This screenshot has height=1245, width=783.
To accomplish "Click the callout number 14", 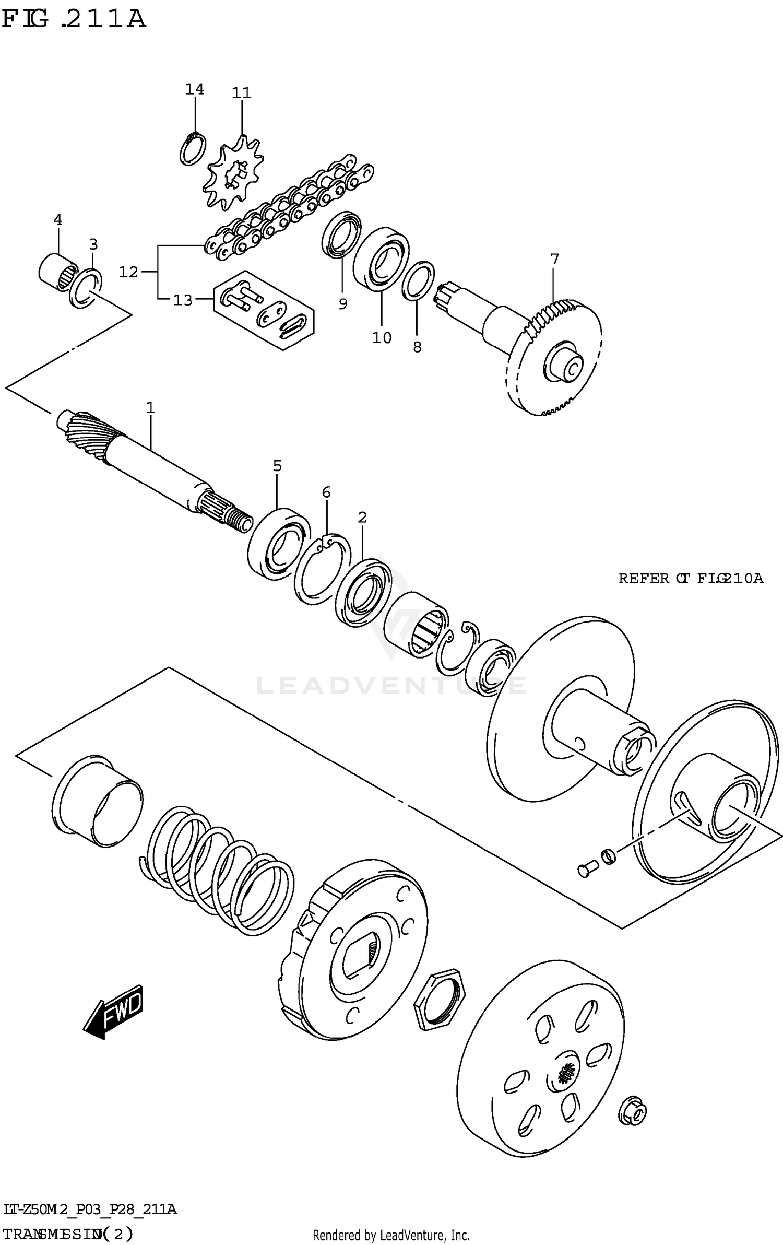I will pyautogui.click(x=194, y=89).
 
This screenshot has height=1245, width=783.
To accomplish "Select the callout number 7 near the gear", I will pyautogui.click(x=554, y=259).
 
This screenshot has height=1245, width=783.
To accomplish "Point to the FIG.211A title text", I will pyautogui.click(x=73, y=19).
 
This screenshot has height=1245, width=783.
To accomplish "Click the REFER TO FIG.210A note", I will pyautogui.click(x=690, y=578).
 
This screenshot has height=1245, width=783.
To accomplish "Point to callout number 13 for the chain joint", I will pyautogui.click(x=183, y=300).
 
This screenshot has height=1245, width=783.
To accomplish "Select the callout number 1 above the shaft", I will pyautogui.click(x=150, y=407).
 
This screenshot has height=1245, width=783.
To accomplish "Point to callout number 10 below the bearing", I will pyautogui.click(x=382, y=338).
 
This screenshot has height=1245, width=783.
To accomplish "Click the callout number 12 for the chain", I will pyautogui.click(x=128, y=272).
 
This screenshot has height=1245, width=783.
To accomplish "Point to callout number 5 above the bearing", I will pyautogui.click(x=277, y=465).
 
